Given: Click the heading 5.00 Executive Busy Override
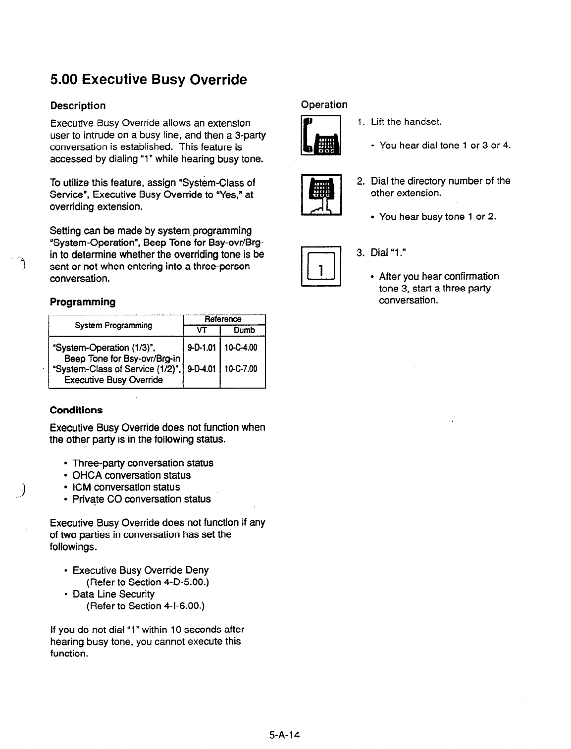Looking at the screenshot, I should (148, 79).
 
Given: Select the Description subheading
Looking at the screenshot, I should (78, 105).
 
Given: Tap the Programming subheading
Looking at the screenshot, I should (83, 301).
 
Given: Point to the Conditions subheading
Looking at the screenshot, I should (76, 410).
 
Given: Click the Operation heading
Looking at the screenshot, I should (324, 104).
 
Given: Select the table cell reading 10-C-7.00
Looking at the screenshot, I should (241, 369).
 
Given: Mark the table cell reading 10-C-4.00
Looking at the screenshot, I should (241, 348).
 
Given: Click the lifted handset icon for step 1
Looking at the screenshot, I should (321, 135).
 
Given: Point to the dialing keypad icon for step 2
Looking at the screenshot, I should (321, 195).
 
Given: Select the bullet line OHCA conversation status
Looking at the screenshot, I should (131, 475).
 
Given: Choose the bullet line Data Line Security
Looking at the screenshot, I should (113, 594).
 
